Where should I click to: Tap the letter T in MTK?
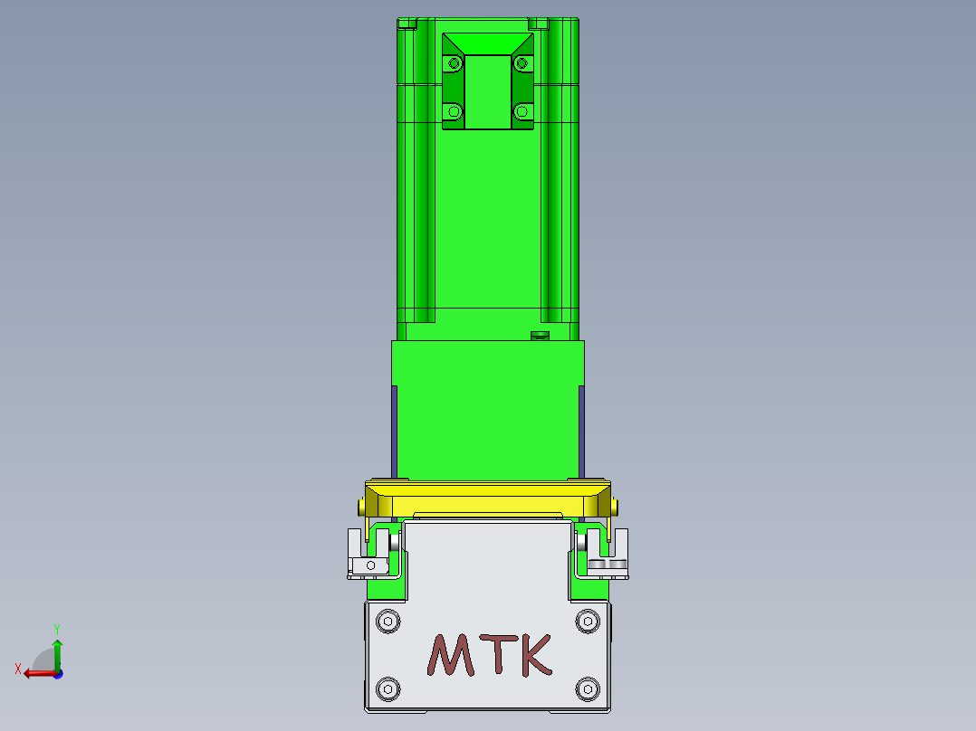pos(499,654)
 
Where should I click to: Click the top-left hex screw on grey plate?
pos(388,621)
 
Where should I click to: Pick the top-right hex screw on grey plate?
pos(588,621)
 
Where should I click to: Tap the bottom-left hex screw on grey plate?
pos(388,688)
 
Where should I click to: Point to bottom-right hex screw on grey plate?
pos(588,688)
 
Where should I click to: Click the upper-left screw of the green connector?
pos(455,63)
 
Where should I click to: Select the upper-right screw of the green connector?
pos(521,63)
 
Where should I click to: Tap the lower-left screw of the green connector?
pos(455,112)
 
